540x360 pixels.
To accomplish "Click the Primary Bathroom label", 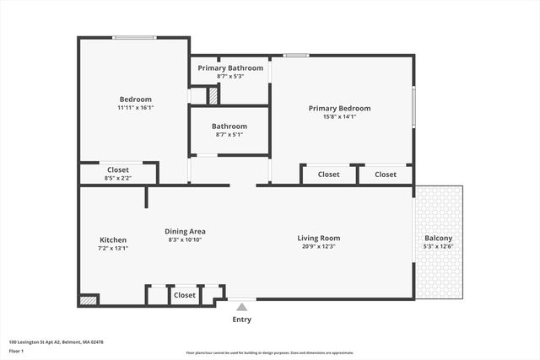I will pyautogui.click(x=230, y=67).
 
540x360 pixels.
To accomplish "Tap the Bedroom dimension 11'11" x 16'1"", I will pyautogui.click(x=135, y=108).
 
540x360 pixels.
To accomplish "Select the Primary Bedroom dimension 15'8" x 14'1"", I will pyautogui.click(x=339, y=117).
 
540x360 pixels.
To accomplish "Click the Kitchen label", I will pyautogui.click(x=112, y=240).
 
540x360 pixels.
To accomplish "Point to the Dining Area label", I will pyautogui.click(x=185, y=231).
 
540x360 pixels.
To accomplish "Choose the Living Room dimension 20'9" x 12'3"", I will pyautogui.click(x=319, y=246).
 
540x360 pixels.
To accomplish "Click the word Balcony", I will pyautogui.click(x=439, y=238).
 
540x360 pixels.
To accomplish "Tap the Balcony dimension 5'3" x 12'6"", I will pyautogui.click(x=439, y=247).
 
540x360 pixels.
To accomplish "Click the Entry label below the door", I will pyautogui.click(x=241, y=320).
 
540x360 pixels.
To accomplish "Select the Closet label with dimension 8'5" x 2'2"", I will pyautogui.click(x=118, y=169).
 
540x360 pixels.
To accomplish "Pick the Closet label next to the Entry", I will pyautogui.click(x=185, y=295).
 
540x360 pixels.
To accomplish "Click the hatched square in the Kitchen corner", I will pyautogui.click(x=88, y=299).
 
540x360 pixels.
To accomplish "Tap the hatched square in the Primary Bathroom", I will pyautogui.click(x=213, y=95).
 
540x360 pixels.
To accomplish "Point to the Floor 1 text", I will pyautogui.click(x=16, y=351).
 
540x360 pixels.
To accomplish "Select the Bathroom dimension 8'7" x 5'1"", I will pyautogui.click(x=230, y=134).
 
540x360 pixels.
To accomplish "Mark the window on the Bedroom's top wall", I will pyautogui.click(x=135, y=37).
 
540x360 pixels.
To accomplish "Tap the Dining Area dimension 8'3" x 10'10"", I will pyautogui.click(x=185, y=240).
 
